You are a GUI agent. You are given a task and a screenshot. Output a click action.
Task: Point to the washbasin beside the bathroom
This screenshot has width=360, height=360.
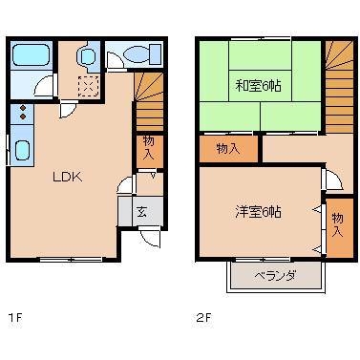click(88, 58)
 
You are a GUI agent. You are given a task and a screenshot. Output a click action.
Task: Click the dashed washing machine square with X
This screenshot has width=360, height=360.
click(87, 86)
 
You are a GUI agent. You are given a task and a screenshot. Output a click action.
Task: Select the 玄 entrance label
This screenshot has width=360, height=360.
click(140, 212)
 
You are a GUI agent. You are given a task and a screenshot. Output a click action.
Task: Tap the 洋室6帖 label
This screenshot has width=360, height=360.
click(258, 212)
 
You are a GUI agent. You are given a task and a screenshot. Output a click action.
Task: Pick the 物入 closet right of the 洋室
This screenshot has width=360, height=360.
click(338, 226)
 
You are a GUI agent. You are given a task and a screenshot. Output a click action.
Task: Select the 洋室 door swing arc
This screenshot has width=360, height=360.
click(330, 180)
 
